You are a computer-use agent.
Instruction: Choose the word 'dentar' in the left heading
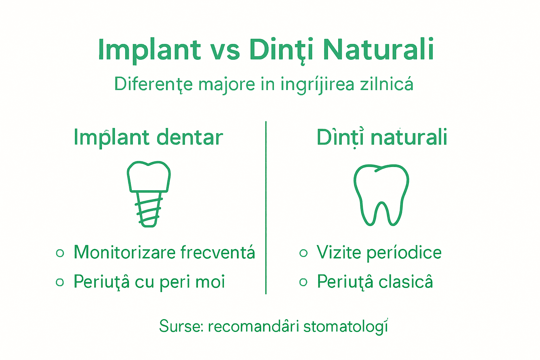189,137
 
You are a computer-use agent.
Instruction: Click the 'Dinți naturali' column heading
382,137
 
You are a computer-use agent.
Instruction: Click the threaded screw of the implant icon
148,210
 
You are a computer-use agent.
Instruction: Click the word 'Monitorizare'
124,252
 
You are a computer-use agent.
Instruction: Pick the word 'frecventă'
218,252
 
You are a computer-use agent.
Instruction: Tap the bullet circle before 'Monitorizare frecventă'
60,253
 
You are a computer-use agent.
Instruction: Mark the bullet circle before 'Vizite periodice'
303,253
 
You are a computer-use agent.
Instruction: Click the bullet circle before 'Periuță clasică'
303,282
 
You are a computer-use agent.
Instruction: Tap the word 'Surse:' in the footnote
181,326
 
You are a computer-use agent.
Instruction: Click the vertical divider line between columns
266,207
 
